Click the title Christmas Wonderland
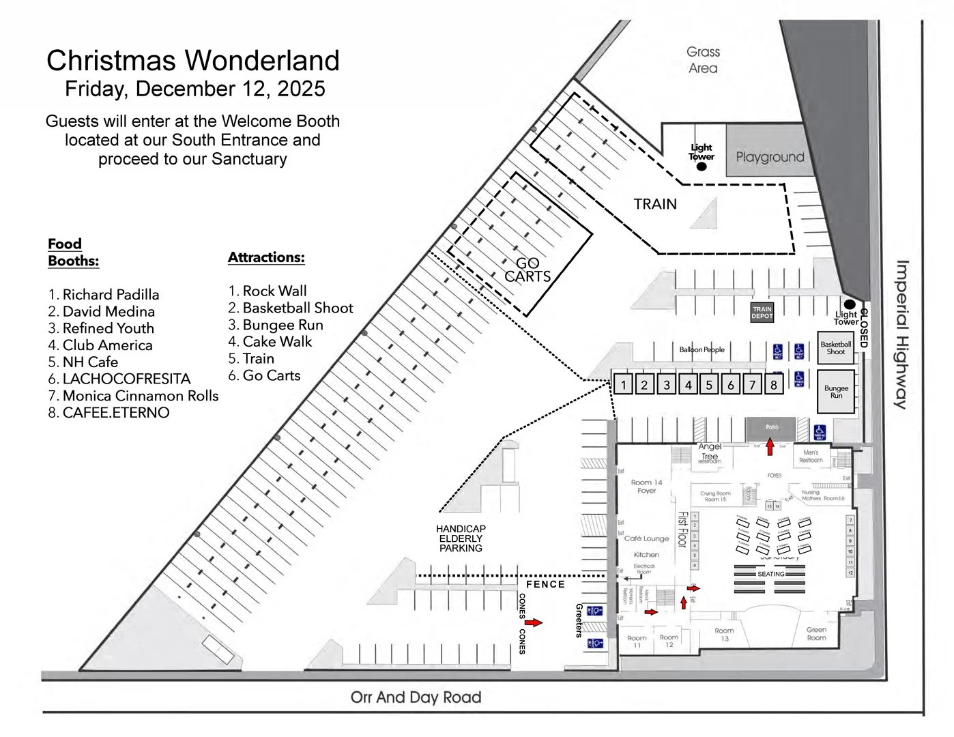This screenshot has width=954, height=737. click(x=193, y=61)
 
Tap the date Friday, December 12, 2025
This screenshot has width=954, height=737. click(x=194, y=89)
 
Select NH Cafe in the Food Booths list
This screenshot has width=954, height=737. click(x=89, y=362)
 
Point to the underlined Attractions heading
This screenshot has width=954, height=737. click(x=266, y=257)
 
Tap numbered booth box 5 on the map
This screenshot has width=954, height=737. click(x=709, y=385)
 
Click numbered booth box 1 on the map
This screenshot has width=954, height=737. click(x=623, y=385)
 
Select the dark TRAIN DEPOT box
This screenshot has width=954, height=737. click(x=762, y=313)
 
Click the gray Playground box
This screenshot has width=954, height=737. click(x=769, y=157)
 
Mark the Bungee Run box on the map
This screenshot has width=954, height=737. click(x=836, y=392)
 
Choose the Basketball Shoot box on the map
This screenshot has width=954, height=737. click(x=836, y=348)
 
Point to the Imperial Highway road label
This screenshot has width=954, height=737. click(x=902, y=334)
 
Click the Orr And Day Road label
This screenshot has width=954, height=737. click(x=416, y=697)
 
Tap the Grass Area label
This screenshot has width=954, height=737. click(x=703, y=60)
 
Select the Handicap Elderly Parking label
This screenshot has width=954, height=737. click(x=461, y=538)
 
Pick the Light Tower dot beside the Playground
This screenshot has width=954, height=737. click(x=702, y=166)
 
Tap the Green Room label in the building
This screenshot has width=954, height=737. click(x=816, y=634)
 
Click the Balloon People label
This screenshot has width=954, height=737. click(x=702, y=349)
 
